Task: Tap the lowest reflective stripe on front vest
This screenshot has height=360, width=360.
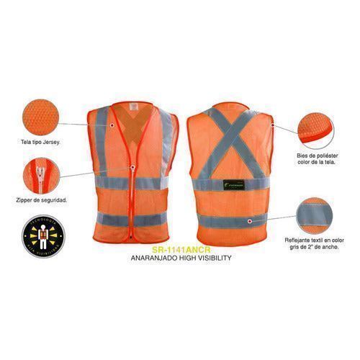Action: pyautogui.click(x=134, y=219)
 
